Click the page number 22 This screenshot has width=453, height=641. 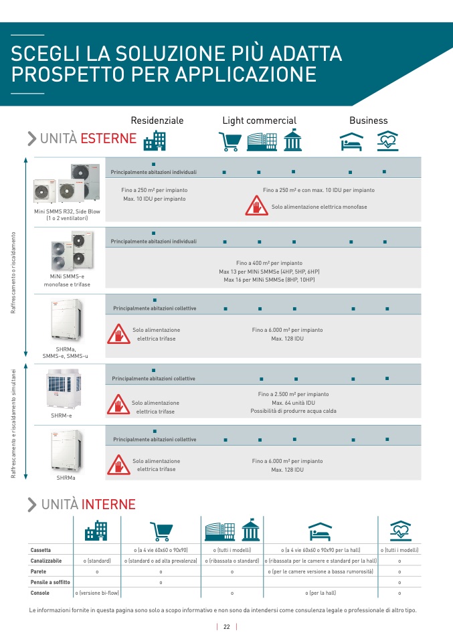click(227, 627)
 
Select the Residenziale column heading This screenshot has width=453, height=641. click(157, 120)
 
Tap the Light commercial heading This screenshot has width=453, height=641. click(259, 120)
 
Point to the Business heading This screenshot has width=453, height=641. click(368, 120)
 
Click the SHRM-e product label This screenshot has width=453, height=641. click(61, 416)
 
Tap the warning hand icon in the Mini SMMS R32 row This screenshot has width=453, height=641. click(256, 206)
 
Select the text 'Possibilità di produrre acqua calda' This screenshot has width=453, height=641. click(294, 411)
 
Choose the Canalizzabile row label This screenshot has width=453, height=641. click(46, 561)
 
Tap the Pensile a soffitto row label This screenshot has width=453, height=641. click(50, 582)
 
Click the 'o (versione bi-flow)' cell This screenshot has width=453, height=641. click(97, 593)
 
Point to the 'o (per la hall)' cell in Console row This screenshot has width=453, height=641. click(321, 593)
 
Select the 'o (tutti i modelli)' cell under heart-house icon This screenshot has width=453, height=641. click(399, 550)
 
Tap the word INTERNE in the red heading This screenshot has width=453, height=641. click(108, 505)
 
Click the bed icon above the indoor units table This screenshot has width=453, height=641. click(321, 531)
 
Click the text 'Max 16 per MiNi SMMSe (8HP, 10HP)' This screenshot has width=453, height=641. click(269, 280)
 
